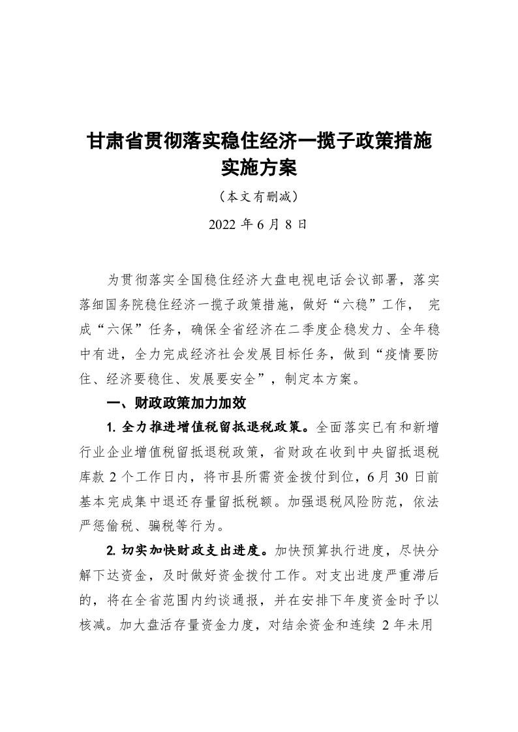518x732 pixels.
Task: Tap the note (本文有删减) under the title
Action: pyautogui.click(x=259, y=196)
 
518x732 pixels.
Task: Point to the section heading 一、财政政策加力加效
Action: pyautogui.click(x=176, y=403)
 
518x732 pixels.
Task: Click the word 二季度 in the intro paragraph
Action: pyautogui.click(x=299, y=329)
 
